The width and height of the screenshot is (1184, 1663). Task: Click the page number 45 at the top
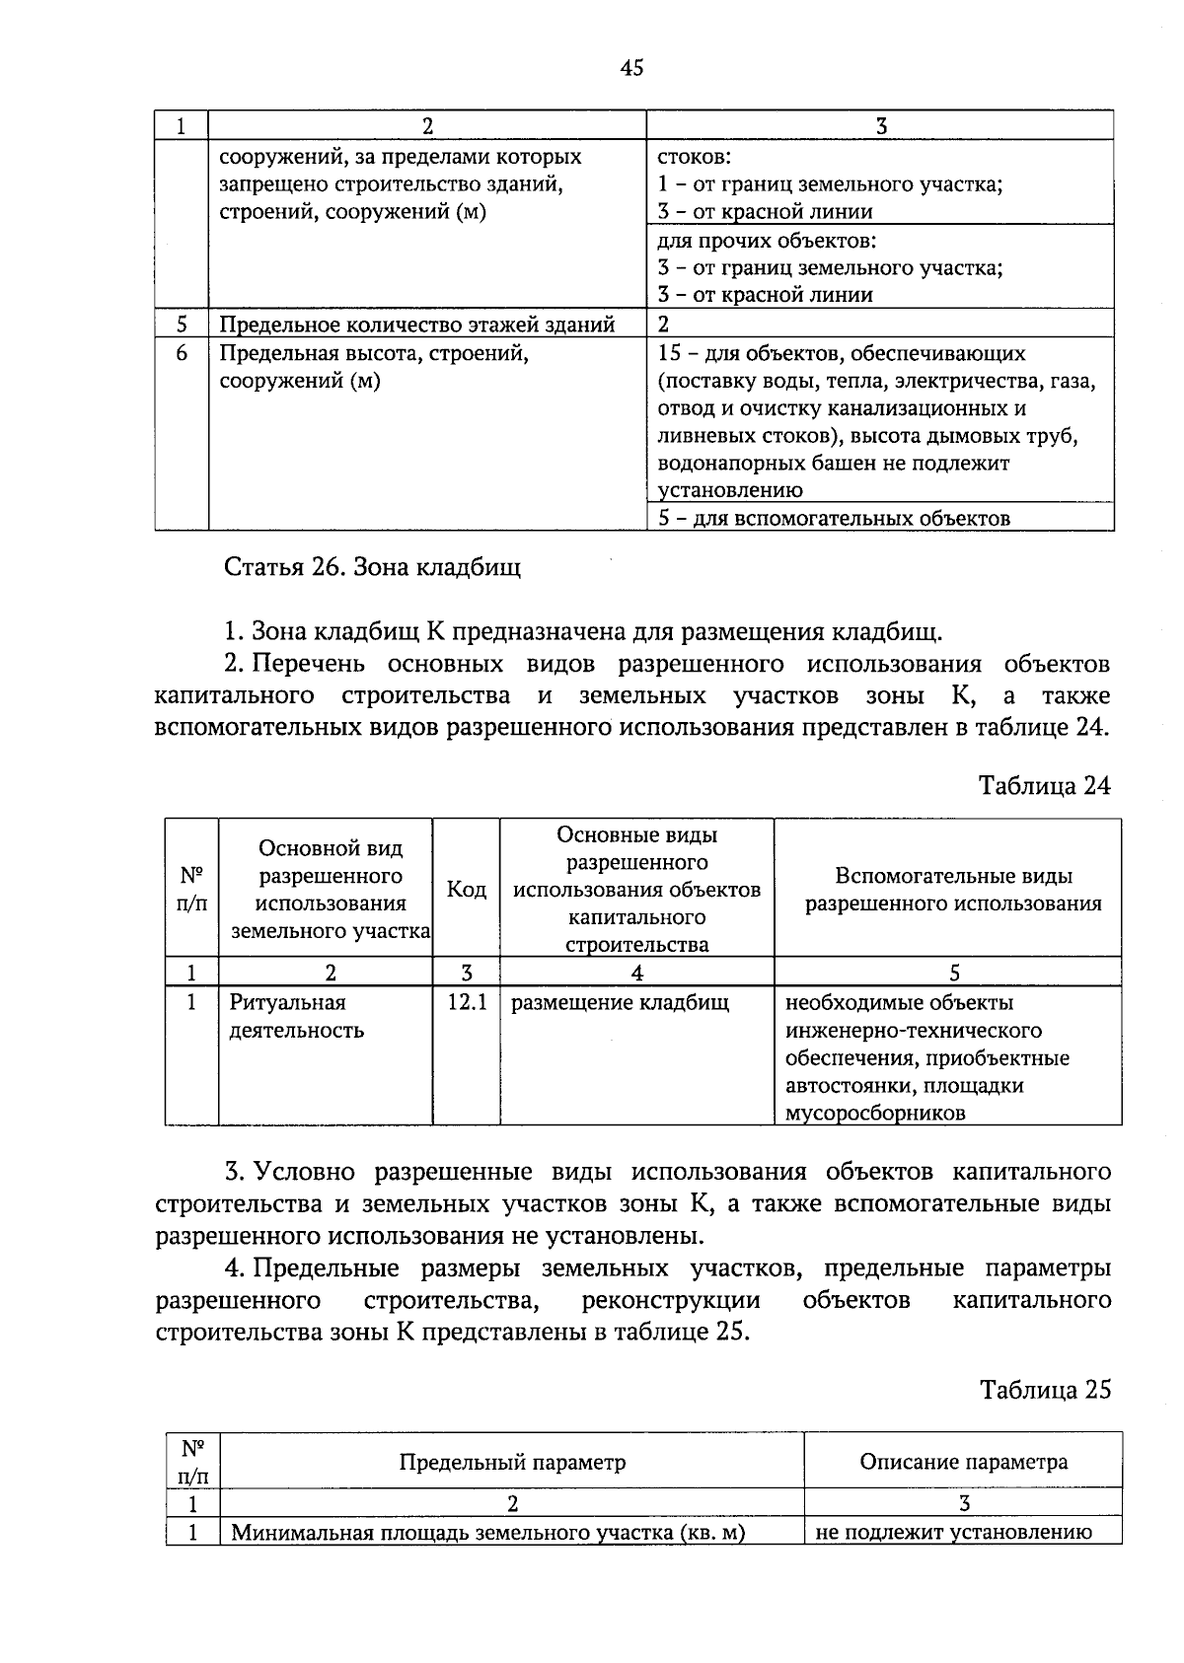pos(631,67)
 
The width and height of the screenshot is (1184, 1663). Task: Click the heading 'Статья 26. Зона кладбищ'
pos(372,567)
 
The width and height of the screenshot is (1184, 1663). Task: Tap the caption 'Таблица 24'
pos(1045,785)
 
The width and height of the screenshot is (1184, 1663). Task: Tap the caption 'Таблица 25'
pos(1045,1390)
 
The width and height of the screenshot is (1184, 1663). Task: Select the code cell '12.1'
pos(466,1003)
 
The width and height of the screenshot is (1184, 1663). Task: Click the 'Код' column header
pos(466,890)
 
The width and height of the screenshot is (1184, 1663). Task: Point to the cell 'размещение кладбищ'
pos(620,1003)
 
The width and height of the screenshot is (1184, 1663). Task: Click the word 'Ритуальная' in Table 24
pos(287,1003)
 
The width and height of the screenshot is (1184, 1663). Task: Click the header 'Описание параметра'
pos(963,1461)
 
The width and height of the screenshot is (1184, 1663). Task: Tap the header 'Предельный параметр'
pos(512,1461)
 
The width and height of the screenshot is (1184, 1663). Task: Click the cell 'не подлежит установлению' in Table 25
pos(953,1532)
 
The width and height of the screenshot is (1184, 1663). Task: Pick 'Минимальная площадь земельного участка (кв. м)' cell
pos(487,1533)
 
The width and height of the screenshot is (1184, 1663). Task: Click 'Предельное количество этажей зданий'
pos(416,325)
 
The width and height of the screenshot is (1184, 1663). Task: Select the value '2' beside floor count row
pos(664,325)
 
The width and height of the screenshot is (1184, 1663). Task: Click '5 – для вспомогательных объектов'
pos(834,518)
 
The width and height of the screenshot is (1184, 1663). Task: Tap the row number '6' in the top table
pos(182,353)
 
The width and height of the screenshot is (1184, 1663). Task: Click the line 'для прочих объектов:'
pos(767,241)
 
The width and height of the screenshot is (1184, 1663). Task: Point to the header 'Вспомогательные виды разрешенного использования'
pos(953,890)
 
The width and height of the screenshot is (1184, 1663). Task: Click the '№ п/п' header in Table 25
pos(192,1461)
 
